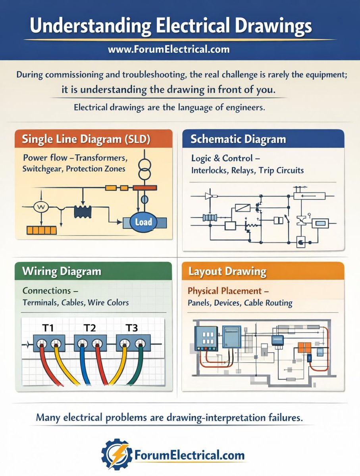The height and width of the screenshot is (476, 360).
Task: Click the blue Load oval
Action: click(x=143, y=222)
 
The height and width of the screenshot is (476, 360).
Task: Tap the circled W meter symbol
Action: click(x=40, y=207)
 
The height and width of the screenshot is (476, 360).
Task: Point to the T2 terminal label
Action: click(x=90, y=328)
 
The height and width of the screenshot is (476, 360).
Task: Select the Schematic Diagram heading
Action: click(x=238, y=139)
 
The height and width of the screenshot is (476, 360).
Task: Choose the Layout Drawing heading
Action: click(x=227, y=272)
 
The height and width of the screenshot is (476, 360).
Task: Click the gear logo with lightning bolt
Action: click(x=116, y=455)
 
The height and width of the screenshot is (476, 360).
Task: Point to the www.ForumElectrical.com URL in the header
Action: click(x=168, y=50)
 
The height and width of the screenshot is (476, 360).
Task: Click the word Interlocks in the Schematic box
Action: click(x=209, y=171)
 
